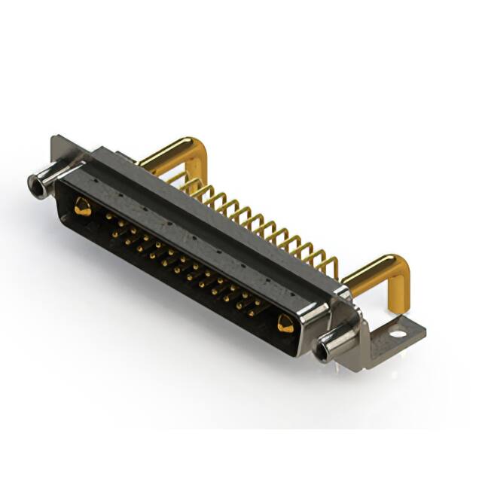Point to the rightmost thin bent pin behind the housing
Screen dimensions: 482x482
pyautogui.click(x=330, y=265)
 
